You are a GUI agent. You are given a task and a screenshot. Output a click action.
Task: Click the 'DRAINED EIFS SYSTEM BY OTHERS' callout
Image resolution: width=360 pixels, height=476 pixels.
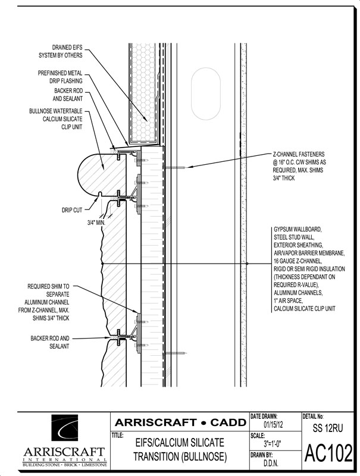point(61,51)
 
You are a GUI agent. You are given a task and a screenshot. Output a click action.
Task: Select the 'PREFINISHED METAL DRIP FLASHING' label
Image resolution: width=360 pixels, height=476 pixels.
point(60,77)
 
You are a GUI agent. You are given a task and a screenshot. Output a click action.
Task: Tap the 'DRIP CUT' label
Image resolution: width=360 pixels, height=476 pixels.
point(72,210)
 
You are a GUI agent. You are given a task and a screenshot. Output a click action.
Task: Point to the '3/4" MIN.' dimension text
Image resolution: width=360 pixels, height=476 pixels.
point(96,223)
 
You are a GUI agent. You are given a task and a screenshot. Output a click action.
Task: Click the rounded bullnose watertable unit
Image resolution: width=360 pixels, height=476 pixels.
point(102,174)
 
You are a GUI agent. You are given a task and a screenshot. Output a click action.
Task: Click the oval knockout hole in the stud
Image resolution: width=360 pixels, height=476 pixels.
point(206,93)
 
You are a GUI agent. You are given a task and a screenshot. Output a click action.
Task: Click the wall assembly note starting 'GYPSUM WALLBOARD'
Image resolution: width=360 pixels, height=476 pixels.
point(309,269)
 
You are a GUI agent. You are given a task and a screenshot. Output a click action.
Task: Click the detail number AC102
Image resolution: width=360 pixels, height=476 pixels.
point(328,453)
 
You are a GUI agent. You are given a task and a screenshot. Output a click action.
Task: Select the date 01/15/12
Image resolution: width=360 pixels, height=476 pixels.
point(273,424)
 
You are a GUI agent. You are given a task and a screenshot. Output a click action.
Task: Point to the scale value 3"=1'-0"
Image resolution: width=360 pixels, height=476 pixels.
point(273,444)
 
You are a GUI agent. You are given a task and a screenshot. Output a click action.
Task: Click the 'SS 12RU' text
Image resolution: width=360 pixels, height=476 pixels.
point(328,428)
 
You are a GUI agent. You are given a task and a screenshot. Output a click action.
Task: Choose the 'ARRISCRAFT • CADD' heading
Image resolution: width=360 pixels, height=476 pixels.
point(180,422)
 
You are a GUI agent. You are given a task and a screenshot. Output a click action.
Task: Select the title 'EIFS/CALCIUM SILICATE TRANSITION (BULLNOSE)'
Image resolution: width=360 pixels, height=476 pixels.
point(180,449)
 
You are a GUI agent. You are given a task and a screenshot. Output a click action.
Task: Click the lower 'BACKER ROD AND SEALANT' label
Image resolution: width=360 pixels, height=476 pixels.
point(50,342)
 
